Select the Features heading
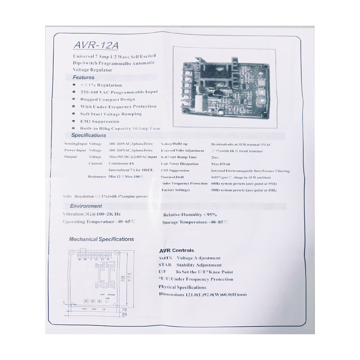coord(83,77)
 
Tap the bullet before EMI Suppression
coord(74,121)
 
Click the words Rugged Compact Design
coord(108,99)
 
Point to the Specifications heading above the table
coord(89,135)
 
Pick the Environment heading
coord(86,206)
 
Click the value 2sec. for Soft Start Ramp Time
coord(216,157)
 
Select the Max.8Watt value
coord(221,163)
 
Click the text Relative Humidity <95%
coord(190,215)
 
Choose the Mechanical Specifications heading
coord(101,239)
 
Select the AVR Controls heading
coord(177,250)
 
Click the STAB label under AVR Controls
coord(165,265)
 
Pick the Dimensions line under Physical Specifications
coord(203,295)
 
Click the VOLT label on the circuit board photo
coord(261,106)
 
